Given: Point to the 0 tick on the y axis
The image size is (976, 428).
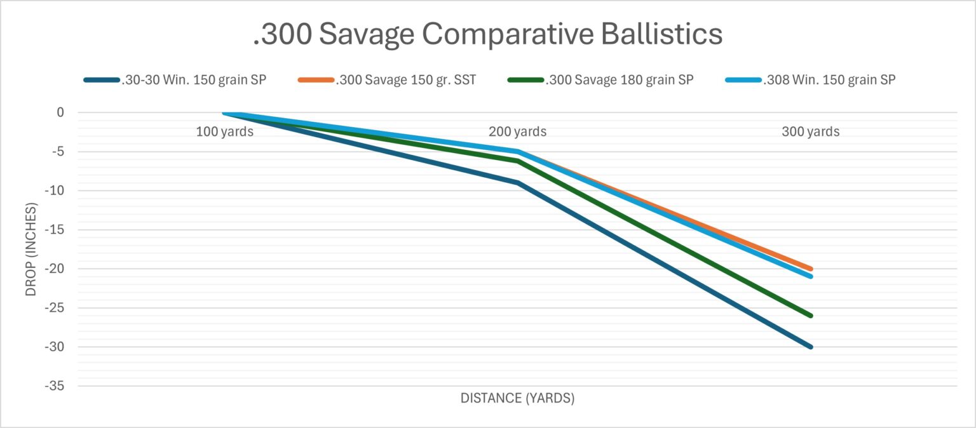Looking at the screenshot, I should point(60,112).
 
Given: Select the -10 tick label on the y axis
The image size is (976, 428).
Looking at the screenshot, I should point(55,191).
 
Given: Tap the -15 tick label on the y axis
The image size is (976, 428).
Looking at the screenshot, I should point(55,230).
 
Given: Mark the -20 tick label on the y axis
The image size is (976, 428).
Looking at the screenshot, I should point(55,269).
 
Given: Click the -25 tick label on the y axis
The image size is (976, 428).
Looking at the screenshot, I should point(55,308).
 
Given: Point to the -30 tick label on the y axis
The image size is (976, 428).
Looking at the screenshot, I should point(55,347).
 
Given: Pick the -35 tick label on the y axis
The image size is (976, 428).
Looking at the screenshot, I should point(55,386).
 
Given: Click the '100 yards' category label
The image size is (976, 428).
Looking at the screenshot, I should point(225,132).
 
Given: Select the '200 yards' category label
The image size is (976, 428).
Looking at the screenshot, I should point(517,132).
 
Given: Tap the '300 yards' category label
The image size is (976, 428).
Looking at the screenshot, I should point(810,132).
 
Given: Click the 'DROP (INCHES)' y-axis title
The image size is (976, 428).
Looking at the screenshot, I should point(31,249).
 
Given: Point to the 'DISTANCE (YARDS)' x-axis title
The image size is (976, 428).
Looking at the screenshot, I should point(517,399).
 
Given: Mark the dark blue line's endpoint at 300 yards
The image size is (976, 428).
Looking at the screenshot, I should point(810,347).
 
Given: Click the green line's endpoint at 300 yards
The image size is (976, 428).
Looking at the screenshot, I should point(810,316).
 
